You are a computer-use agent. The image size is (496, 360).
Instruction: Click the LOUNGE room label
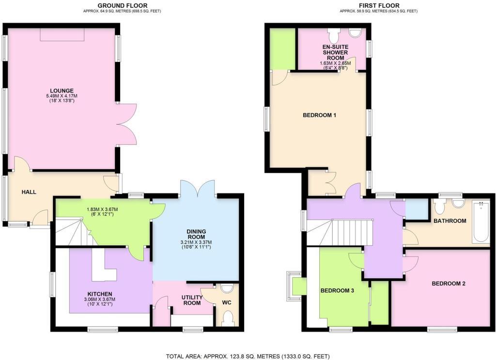pyautogui.click(x=61, y=90)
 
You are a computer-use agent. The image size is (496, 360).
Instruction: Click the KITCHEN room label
pyautogui.click(x=100, y=294)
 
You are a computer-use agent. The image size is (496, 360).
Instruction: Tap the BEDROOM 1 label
pyautogui.click(x=319, y=115)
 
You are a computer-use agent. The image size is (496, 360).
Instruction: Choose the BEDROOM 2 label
pyautogui.click(x=449, y=283)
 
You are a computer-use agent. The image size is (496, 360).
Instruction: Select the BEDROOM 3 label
pyautogui.click(x=337, y=291)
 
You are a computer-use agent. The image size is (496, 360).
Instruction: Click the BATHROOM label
pyautogui.click(x=449, y=221)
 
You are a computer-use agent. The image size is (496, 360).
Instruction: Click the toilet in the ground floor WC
pyautogui.click(x=227, y=319)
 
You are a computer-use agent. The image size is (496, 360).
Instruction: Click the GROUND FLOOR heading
pyautogui.click(x=116, y=5)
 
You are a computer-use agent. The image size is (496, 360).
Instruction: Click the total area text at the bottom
pyautogui.click(x=248, y=356)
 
